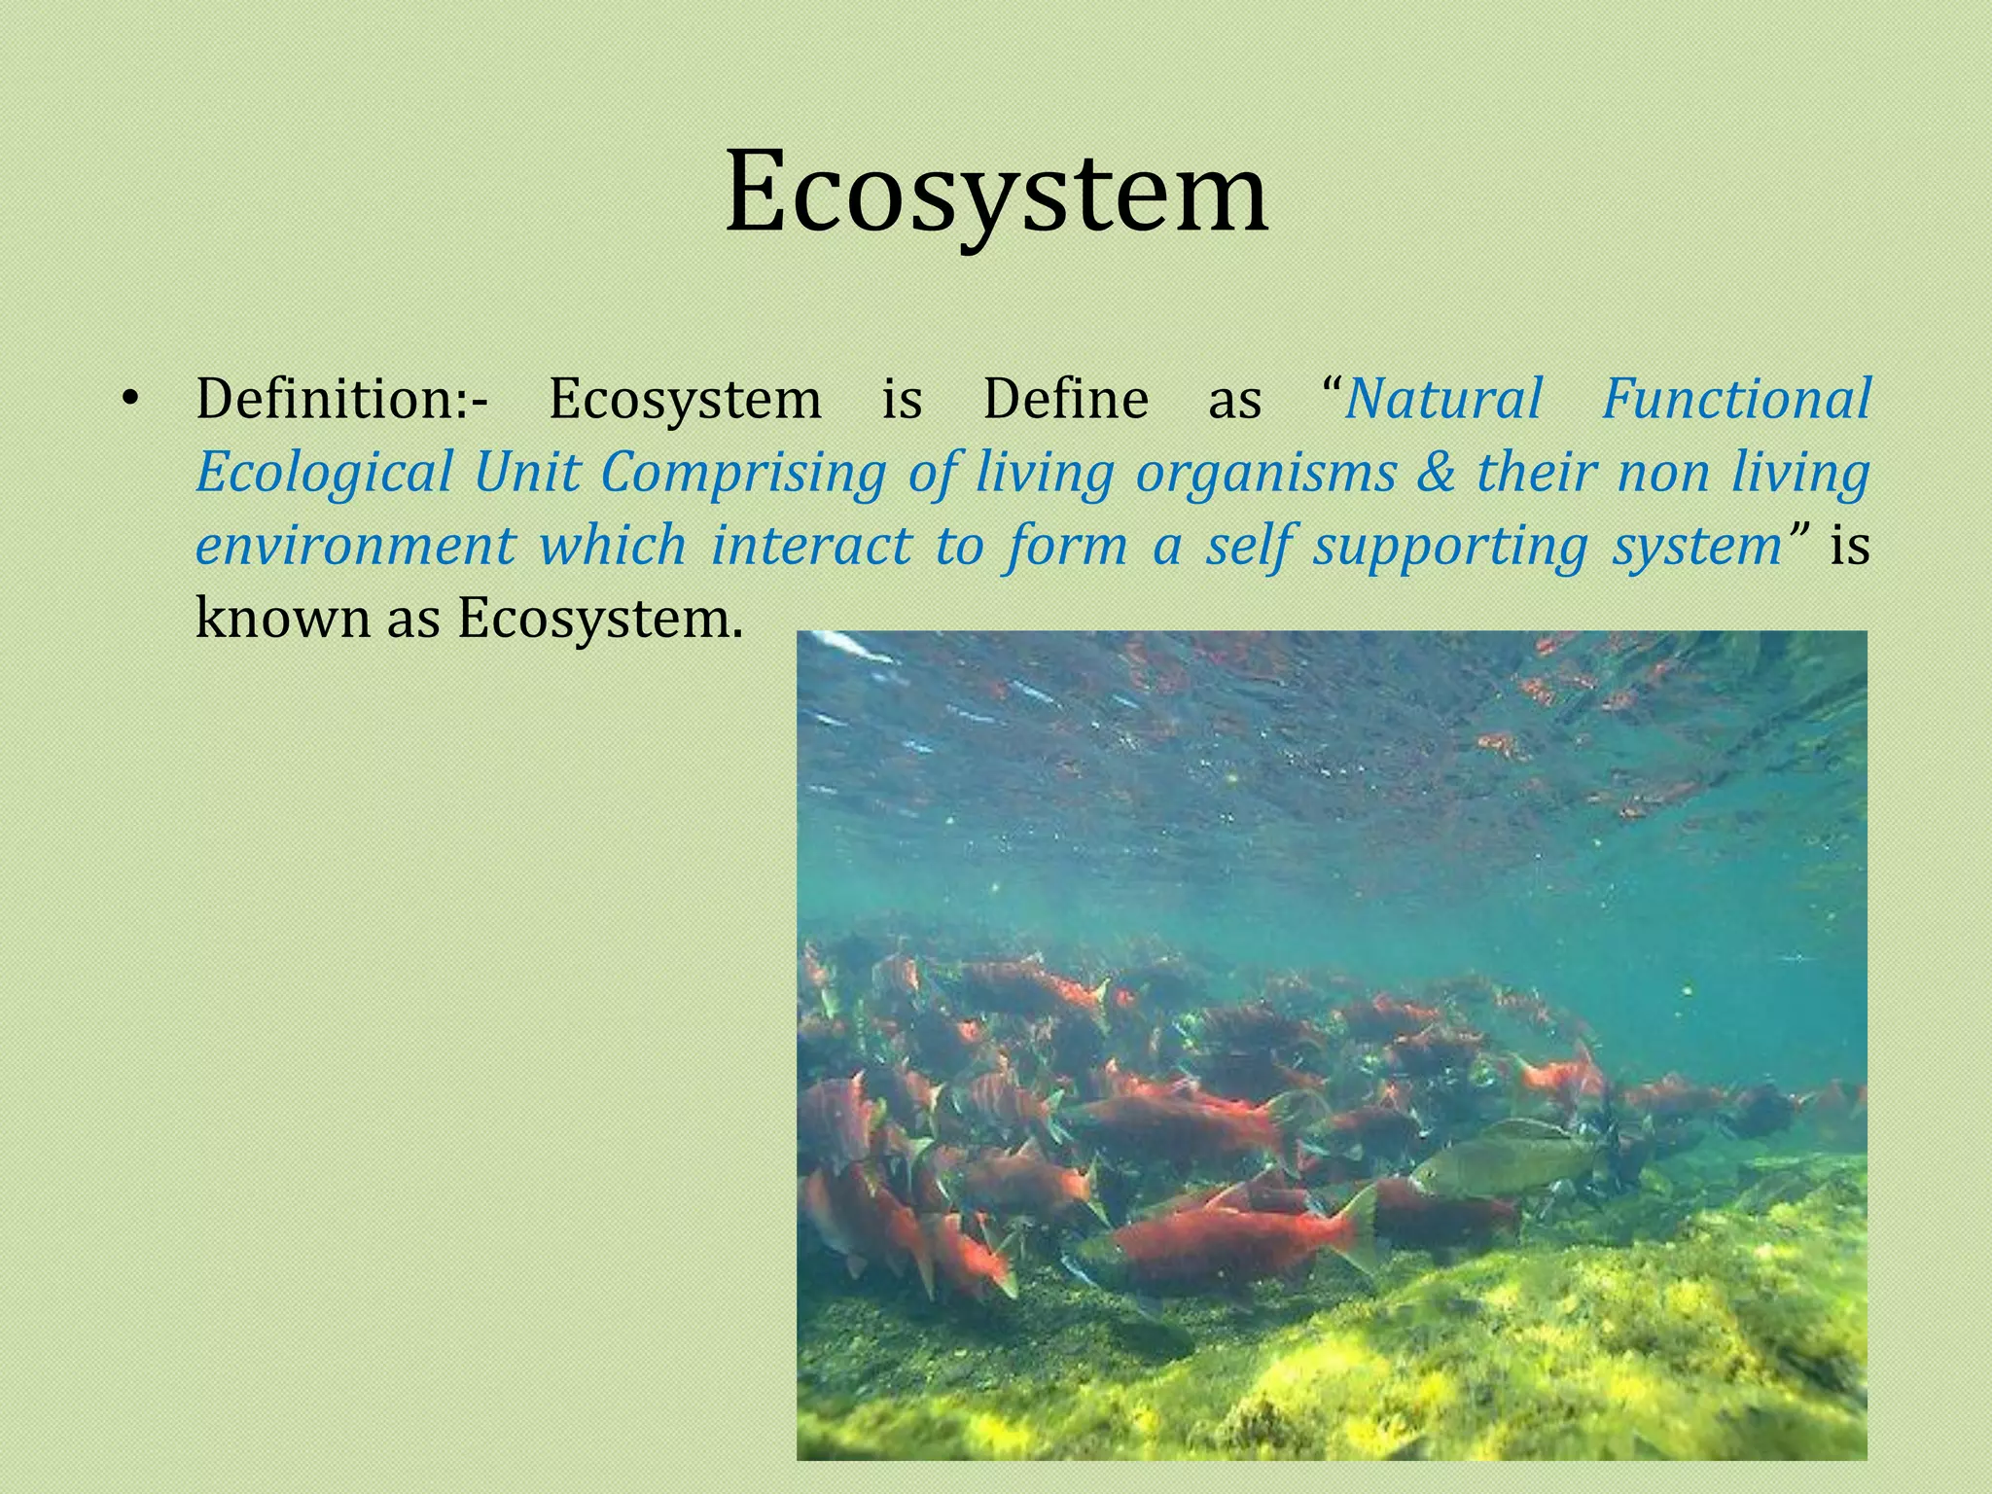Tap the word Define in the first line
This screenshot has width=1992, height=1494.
(x=1065, y=400)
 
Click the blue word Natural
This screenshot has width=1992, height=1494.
(x=1443, y=400)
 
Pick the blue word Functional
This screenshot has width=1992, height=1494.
(x=1735, y=400)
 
